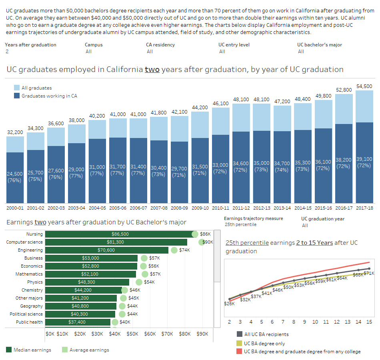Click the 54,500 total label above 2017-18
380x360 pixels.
click(x=364, y=86)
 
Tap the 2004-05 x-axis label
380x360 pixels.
click(x=97, y=208)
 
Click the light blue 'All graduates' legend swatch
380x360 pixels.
click(x=17, y=88)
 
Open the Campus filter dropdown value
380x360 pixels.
click(x=88, y=52)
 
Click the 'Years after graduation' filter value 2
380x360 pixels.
click(x=7, y=52)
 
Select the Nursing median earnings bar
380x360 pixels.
click(x=120, y=234)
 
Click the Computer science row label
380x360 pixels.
click(x=24, y=242)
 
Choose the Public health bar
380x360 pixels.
click(x=78, y=322)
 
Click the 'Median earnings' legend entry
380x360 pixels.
click(x=32, y=350)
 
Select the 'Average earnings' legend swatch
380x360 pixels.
click(x=65, y=350)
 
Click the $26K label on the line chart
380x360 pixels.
click(x=229, y=304)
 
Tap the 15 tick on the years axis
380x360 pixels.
click(x=369, y=322)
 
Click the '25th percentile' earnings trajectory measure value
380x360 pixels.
click(x=240, y=225)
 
